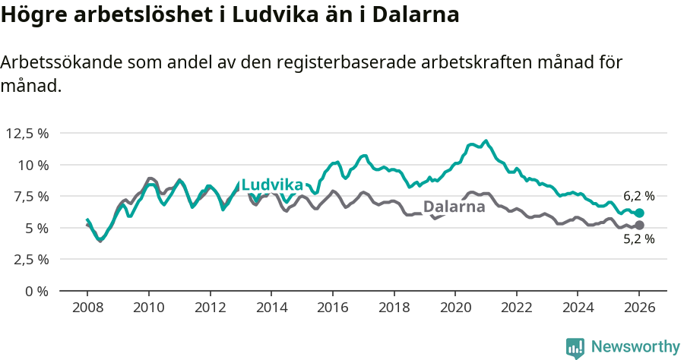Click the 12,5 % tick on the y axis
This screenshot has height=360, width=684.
[x=28, y=133]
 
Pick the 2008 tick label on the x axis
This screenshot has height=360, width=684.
[x=87, y=308]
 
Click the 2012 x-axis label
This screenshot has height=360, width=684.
[x=210, y=308]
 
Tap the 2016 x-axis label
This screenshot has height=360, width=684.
[x=333, y=308]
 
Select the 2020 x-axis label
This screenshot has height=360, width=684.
[x=455, y=308]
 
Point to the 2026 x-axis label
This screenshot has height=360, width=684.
[x=639, y=308]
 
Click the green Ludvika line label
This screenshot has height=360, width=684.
[x=272, y=185]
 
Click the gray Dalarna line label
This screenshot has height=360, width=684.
[x=454, y=207]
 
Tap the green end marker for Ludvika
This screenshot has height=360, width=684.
[x=639, y=213]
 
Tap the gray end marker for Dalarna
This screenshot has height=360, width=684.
[x=639, y=226]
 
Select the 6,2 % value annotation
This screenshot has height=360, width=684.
[x=638, y=196]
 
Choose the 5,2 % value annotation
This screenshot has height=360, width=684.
[x=638, y=239]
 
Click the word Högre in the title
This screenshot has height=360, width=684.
[x=31, y=14]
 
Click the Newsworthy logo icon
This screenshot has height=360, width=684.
[x=575, y=348]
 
